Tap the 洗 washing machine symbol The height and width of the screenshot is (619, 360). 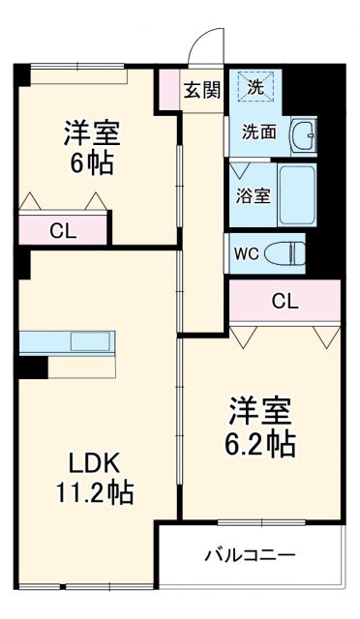255,86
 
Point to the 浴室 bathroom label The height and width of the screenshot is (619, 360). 254,193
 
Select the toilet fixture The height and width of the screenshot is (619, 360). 286,253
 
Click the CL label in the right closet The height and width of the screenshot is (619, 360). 284,301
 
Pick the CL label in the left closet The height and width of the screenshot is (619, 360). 63,231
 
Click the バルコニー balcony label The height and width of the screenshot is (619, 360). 250,556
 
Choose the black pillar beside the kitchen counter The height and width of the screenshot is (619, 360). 35,368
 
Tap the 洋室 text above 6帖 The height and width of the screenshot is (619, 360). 90,131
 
